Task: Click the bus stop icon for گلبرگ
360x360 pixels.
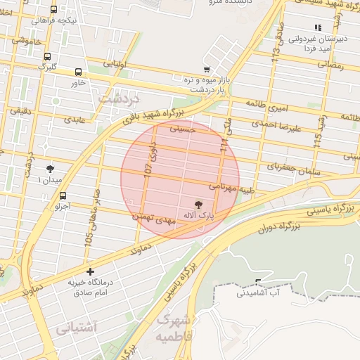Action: [47, 57]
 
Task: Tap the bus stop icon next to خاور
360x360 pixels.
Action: [78, 72]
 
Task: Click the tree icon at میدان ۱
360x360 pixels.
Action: [51, 169]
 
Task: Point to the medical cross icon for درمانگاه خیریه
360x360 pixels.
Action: [89, 271]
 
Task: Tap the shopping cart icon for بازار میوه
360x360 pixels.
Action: [206, 70]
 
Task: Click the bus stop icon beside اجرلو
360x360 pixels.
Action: [63, 195]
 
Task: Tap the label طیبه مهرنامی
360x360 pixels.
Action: [231, 188]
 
